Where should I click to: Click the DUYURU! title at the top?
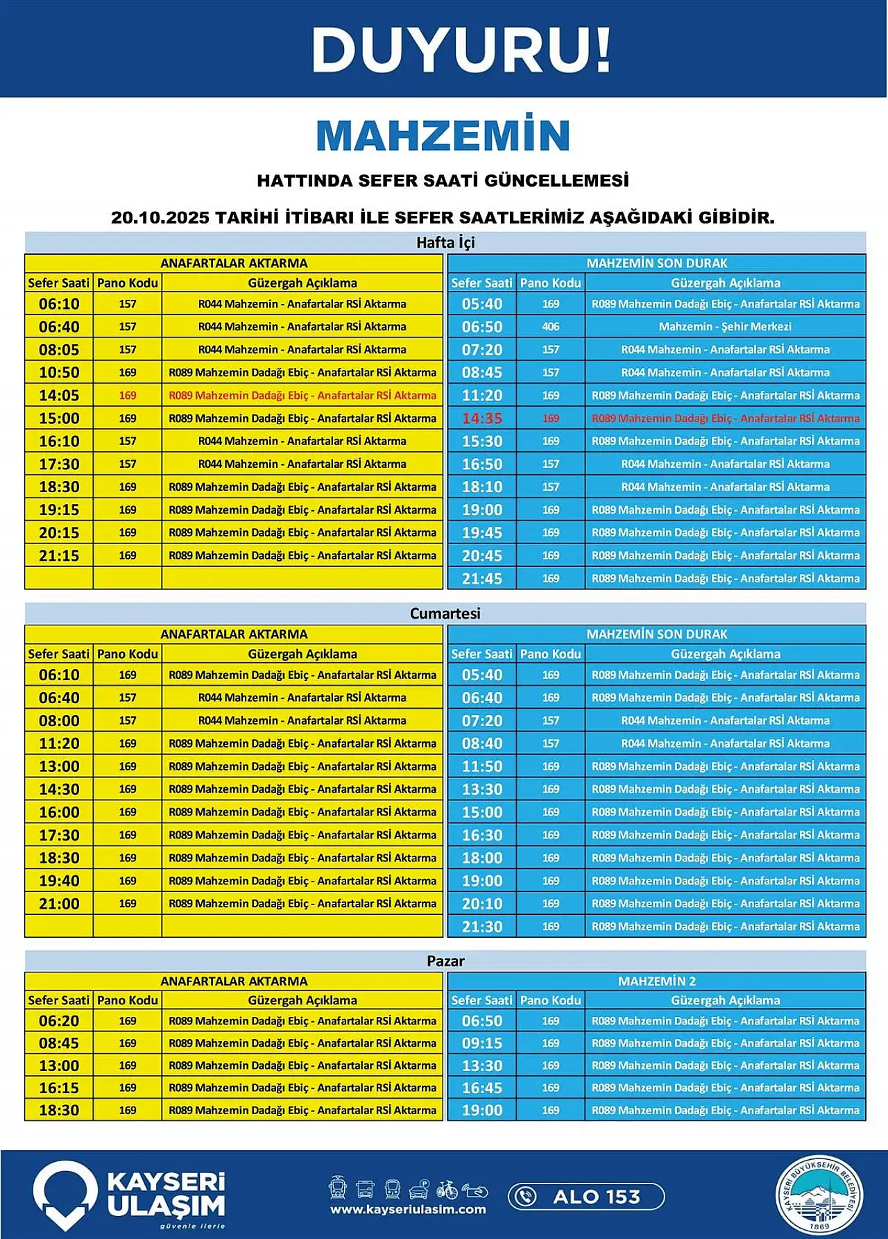[x=461, y=50]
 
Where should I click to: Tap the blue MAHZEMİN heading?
[x=443, y=135]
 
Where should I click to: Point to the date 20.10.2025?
[x=160, y=217]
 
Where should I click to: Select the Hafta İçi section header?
[x=445, y=242]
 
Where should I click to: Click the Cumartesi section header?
[x=445, y=614]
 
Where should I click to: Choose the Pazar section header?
[x=445, y=961]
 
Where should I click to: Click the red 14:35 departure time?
[x=481, y=419]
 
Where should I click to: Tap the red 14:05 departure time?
[x=59, y=396]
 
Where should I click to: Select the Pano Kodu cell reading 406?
[x=551, y=327]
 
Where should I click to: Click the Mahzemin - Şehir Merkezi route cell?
[x=725, y=327]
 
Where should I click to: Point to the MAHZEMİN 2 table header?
[x=656, y=981]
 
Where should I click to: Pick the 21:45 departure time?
[x=481, y=579]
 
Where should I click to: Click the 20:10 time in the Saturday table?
[x=481, y=904]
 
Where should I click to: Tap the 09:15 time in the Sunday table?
[x=481, y=1043]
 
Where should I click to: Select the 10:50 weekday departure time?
[x=59, y=373]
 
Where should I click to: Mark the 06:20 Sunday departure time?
[x=59, y=1021]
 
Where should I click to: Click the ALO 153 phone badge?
[x=587, y=1197]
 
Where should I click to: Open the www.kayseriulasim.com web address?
[x=408, y=1210]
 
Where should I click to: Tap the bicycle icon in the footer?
[x=447, y=1189]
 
